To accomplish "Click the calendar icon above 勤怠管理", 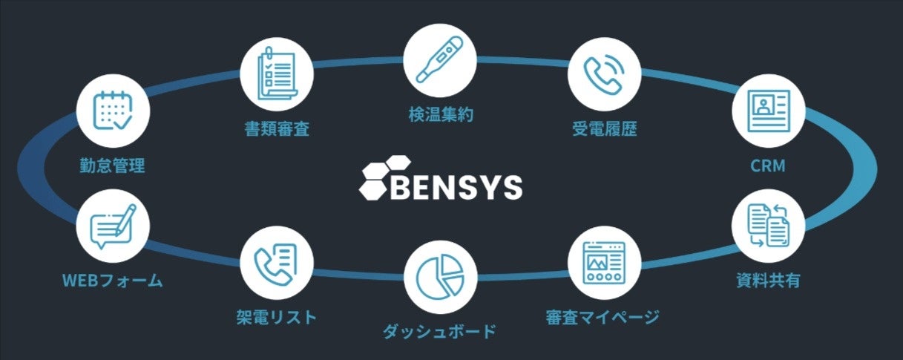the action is coord(113,111).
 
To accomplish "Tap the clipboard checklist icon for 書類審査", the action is coord(277,73).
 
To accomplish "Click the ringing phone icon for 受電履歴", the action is coord(604,73).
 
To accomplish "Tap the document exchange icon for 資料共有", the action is coord(768,226).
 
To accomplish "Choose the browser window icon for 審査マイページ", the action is coord(604,262).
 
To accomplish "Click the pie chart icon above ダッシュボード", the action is coord(440,274).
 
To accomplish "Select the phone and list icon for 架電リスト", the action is coord(277,262).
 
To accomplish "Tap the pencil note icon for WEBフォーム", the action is coord(113,226).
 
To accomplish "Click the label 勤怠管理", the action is coord(113,166).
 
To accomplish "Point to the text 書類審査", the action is coord(277,128).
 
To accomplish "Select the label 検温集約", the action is coord(440,115).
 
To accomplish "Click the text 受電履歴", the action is coord(604,128).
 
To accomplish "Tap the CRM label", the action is coord(768,166).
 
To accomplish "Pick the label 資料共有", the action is coord(768,281).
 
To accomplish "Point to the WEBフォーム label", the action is coord(113,281).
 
